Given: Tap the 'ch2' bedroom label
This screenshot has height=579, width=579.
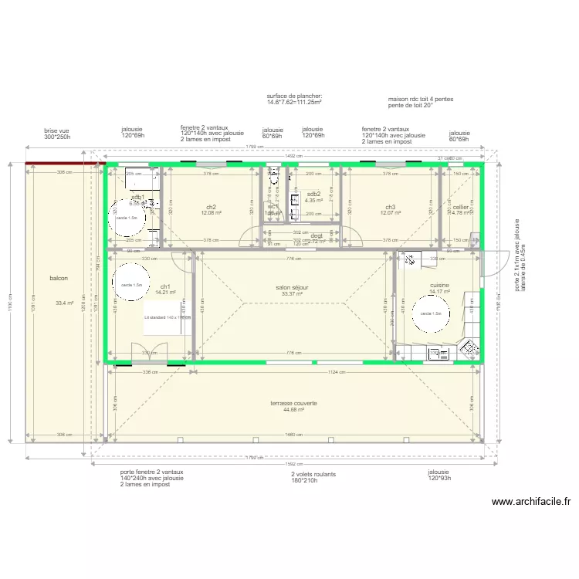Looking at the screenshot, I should point(211,207).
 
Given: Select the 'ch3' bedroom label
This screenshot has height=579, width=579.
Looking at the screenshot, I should point(391,207).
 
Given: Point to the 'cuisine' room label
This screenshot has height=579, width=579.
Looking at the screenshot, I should point(439,285).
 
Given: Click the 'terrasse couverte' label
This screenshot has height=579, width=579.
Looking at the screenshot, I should point(293,403).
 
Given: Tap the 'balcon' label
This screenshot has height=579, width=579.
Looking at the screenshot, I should point(59,278).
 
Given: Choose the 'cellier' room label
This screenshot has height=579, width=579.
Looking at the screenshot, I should point(461,207).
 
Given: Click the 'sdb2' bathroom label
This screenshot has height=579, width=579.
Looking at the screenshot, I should point(313,194).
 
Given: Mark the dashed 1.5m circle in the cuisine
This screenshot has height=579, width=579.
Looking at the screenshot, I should point(432,313).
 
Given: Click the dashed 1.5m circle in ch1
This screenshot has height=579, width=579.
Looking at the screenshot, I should point(130,284).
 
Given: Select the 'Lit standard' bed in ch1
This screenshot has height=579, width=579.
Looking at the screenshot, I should point(166,317).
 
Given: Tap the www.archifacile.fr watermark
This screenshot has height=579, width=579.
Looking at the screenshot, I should point(530,501).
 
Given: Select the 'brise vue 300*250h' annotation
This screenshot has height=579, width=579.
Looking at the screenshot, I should point(57,134).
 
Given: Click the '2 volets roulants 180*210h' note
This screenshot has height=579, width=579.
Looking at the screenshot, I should point(293,479).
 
